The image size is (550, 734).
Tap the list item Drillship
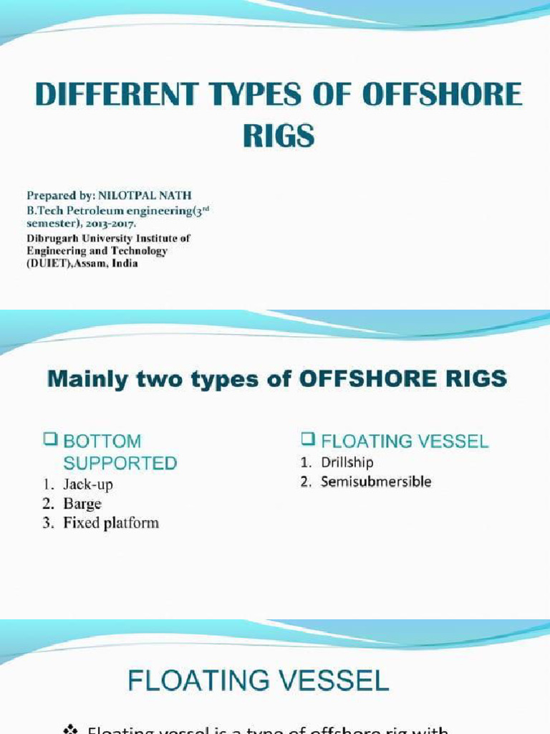click(x=347, y=463)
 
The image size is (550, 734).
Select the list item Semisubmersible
click(x=376, y=482)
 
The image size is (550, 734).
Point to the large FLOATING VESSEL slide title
click(x=258, y=679)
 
